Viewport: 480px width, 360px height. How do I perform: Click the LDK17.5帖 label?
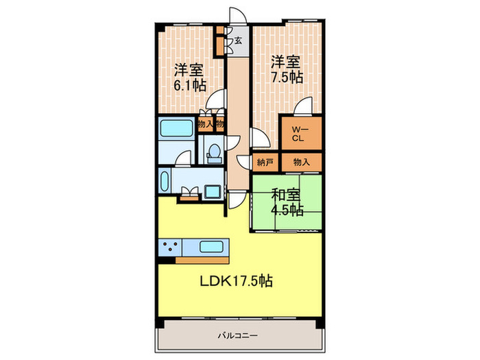(x=237, y=280)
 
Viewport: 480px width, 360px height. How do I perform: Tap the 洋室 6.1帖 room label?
(x=189, y=77)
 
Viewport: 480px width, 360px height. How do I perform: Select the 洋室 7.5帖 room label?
(x=285, y=69)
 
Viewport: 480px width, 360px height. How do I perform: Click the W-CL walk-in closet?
(x=299, y=134)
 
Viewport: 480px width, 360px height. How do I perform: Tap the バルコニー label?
(x=239, y=336)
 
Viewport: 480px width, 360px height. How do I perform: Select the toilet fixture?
(x=213, y=152)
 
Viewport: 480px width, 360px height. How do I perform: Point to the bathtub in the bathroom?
(x=176, y=128)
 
